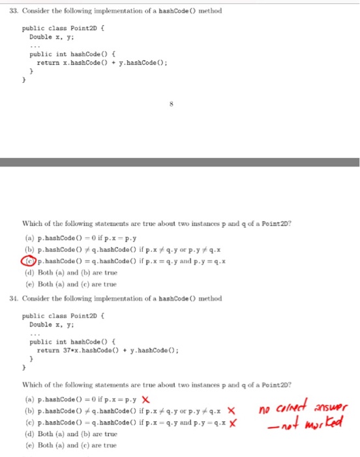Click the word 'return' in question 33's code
[47, 62]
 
